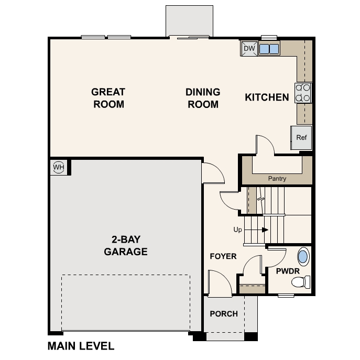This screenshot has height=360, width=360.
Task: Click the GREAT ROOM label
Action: coord(108,98)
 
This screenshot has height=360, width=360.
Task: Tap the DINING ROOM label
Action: coord(203,98)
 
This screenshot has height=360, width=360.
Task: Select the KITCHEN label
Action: coord(267,97)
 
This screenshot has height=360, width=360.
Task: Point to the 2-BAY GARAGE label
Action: coord(125,246)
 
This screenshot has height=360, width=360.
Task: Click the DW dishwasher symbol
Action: coord(249,49)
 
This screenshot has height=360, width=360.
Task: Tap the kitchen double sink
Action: coord(268,49)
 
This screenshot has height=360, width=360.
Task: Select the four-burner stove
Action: coord(303,92)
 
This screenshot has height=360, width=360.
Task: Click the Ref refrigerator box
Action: coord(301,138)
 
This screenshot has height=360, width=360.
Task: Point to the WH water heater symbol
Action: coord(58,168)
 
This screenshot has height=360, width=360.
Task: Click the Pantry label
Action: coord(277,179)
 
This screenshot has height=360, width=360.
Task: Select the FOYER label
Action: coord(223,256)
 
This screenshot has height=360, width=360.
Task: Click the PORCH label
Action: coord(224,314)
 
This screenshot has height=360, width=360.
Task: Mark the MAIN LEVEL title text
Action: coord(81,346)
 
